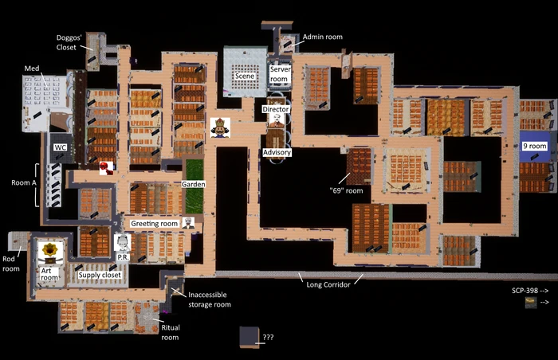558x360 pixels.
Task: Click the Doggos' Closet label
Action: tap(69, 42)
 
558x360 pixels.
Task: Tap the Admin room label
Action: tap(322, 37)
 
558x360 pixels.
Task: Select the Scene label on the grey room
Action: tap(245, 76)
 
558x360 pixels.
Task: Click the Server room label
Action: tap(280, 74)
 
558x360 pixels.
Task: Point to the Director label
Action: tap(276, 109)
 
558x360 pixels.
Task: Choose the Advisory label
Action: tap(277, 152)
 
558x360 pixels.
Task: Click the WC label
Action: tap(60, 147)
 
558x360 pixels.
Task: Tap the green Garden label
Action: tap(193, 184)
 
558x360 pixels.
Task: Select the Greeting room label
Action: tap(154, 223)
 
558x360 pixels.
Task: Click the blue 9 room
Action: tap(535, 147)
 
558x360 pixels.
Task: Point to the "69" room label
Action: tap(346, 190)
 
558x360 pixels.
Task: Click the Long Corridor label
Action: tap(328, 284)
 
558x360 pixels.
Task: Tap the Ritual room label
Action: tap(171, 332)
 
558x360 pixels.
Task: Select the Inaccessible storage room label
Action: tap(210, 299)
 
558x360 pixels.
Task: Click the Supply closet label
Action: tap(100, 275)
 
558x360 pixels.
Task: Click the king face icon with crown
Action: tap(220, 127)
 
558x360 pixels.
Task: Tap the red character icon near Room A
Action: tap(106, 168)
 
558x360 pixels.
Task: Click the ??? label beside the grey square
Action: tap(268, 337)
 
